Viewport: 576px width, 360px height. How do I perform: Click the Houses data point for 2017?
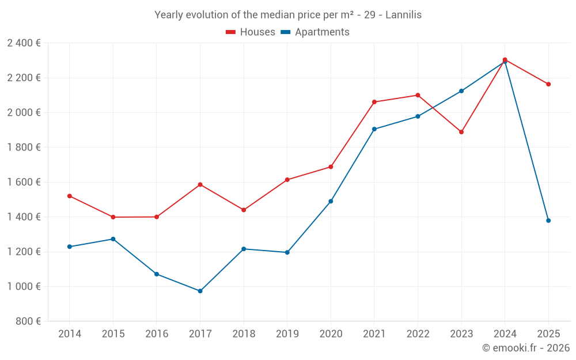pos(200,184)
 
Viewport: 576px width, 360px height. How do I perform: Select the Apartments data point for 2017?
pos(200,291)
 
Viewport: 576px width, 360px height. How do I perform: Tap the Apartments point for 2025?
pos(548,221)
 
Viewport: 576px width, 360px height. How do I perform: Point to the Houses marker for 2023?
pos(461,132)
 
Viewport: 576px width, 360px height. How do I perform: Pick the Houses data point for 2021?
pos(374,102)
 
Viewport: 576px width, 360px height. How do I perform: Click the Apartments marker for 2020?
pos(331,201)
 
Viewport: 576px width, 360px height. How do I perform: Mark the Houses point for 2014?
pos(70,196)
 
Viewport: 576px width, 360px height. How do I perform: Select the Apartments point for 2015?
pos(113,239)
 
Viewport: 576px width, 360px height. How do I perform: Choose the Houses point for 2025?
pos(548,84)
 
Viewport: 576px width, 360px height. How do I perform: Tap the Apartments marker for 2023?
pos(461,91)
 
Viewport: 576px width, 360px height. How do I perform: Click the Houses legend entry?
pos(251,32)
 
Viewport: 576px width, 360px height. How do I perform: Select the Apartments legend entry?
pos(315,32)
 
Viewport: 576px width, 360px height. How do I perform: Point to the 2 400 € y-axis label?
pos(24,43)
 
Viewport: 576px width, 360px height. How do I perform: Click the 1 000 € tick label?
pos(24,286)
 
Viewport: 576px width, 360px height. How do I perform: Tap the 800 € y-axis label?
pos(28,321)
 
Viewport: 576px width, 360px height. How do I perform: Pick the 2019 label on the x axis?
pos(287,334)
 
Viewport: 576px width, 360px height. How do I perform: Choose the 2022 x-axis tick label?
pos(418,334)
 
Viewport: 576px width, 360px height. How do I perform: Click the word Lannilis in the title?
pos(403,15)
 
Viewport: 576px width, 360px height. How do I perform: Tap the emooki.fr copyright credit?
pos(525,348)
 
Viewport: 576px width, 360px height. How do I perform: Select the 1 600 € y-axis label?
pos(24,182)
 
